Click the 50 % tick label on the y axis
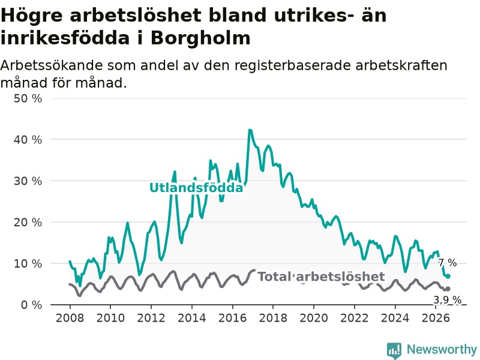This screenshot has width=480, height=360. (x=28, y=98)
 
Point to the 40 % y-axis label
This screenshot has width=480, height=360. (x=28, y=140)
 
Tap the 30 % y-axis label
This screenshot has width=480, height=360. (x=28, y=181)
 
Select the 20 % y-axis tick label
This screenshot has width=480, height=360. (x=28, y=222)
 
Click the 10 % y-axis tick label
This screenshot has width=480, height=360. (x=28, y=263)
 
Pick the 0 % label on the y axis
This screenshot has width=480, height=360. (x=31, y=305)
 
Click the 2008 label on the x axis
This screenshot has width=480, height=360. (x=70, y=318)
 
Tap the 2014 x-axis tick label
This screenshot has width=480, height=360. (x=192, y=318)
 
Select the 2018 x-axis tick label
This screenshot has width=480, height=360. (x=273, y=318)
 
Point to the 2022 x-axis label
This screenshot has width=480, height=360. (x=355, y=318)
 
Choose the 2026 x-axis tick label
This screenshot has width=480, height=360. (x=436, y=318)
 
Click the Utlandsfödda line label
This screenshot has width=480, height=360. (x=196, y=188)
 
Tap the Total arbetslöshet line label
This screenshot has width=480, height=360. (x=321, y=277)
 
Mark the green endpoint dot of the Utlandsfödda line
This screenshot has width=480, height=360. (x=448, y=277)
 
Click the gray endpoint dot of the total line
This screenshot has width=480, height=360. (x=448, y=289)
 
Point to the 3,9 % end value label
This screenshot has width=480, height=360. (x=447, y=300)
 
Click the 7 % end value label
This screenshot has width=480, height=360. (x=448, y=263)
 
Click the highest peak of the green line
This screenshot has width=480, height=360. (x=250, y=130)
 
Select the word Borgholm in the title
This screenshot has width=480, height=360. (x=200, y=38)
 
